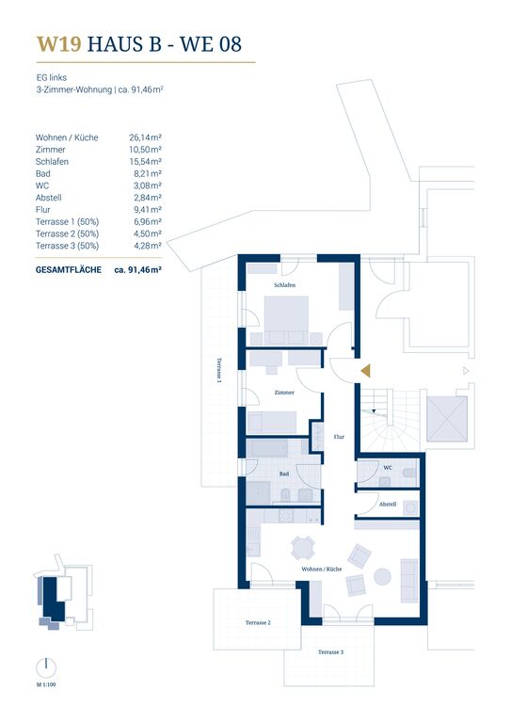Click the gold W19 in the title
click(x=59, y=44)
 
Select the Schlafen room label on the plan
click(x=285, y=285)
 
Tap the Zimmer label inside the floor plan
click(x=284, y=393)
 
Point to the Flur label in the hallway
click(x=339, y=437)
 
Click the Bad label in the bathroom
click(x=284, y=474)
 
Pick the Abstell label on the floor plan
click(x=388, y=504)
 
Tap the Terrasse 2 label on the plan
click(x=258, y=622)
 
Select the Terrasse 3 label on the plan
click(x=330, y=652)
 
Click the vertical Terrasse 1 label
click(x=219, y=370)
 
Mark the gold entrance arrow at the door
click(x=366, y=371)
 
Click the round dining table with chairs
click(x=303, y=548)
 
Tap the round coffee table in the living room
click(x=382, y=576)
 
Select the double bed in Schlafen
click(x=286, y=320)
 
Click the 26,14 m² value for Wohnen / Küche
click(x=145, y=137)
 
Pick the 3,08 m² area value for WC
click(x=148, y=185)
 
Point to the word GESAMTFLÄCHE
click(x=69, y=270)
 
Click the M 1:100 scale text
click(x=46, y=684)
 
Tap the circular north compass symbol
click(x=46, y=667)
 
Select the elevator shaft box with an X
click(x=447, y=419)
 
